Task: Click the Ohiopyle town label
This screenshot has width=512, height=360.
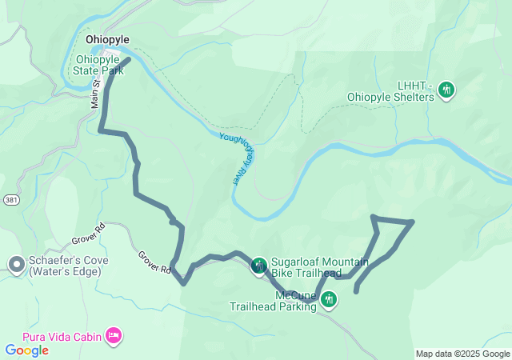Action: click(x=107, y=39)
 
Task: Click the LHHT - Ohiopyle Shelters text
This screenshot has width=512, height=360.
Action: click(x=390, y=91)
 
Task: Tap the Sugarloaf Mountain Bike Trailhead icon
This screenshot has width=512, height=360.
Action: click(x=258, y=266)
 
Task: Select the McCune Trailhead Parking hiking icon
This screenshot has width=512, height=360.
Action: click(x=329, y=300)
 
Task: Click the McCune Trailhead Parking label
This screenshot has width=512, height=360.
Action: click(x=274, y=301)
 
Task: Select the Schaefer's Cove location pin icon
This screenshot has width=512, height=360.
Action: click(x=15, y=265)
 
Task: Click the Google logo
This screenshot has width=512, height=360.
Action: click(x=26, y=350)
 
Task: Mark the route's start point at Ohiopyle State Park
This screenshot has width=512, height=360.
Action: click(x=127, y=58)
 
